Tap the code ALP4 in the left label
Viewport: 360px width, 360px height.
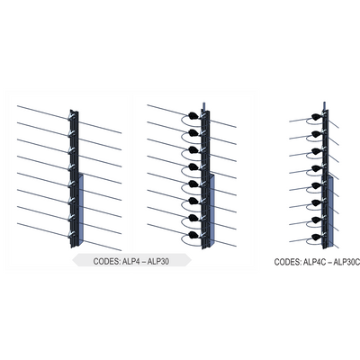click(135, 261)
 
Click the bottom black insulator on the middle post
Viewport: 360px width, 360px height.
click(193, 236)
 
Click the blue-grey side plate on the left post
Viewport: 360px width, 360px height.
click(80, 206)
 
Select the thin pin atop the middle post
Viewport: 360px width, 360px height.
click(206, 104)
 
